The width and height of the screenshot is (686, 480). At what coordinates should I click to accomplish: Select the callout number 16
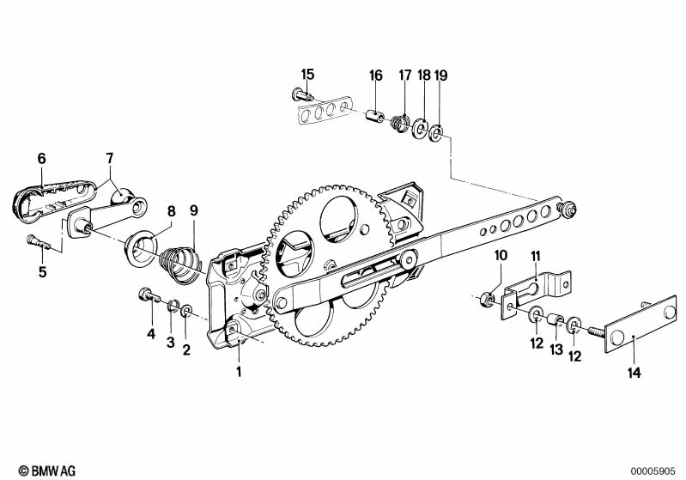click(x=376, y=76)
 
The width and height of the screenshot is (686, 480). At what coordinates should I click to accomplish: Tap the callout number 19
click(x=440, y=76)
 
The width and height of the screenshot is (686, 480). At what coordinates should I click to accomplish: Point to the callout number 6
click(x=41, y=158)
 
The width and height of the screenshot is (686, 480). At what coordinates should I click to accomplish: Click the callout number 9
click(x=193, y=210)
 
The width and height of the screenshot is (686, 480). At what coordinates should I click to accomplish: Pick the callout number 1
click(x=240, y=372)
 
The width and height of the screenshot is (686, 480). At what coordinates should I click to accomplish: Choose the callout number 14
click(x=634, y=373)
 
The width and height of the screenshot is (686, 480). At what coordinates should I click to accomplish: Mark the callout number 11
click(x=536, y=256)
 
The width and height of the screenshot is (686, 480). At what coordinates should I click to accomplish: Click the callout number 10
click(x=501, y=256)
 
